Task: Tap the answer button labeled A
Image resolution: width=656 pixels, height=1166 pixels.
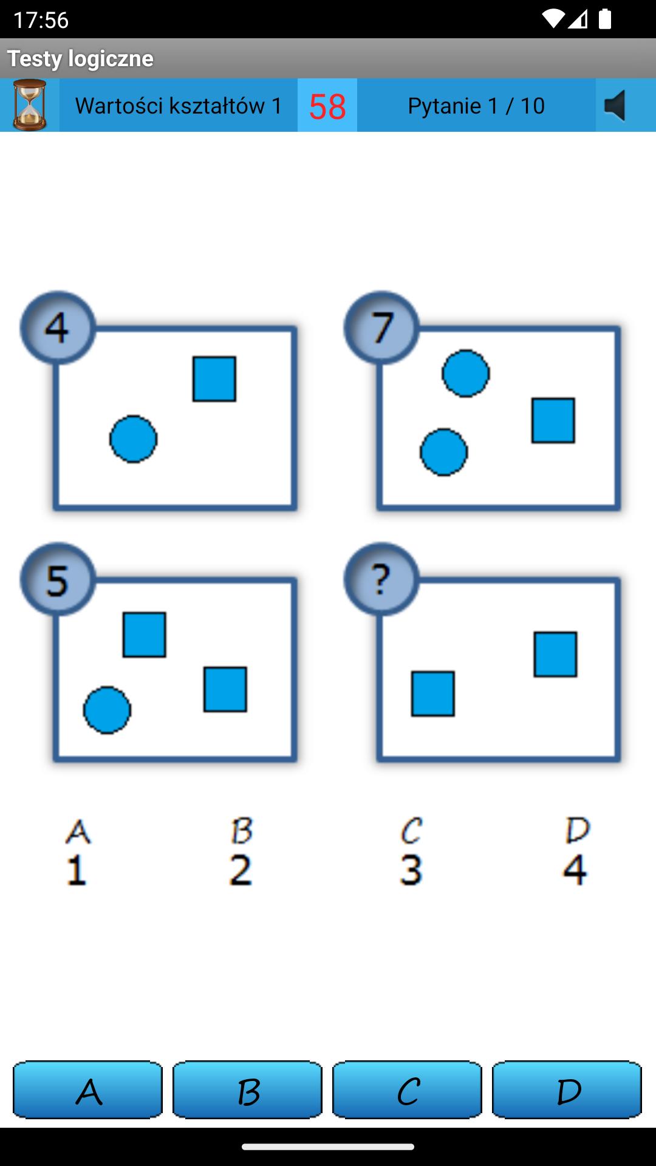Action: coord(87,1089)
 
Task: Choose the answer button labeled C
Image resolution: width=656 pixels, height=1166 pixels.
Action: coord(407,1089)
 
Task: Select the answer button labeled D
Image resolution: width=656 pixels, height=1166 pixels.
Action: coord(567,1089)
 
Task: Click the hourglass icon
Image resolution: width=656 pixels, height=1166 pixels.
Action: coord(30,105)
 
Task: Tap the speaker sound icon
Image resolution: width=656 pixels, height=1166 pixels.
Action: coord(615,106)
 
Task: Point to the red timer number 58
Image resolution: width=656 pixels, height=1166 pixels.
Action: coord(327,106)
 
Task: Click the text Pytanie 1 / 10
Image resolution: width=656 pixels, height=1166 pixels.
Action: coord(476,106)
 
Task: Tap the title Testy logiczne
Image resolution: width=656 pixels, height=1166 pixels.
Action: coord(80,58)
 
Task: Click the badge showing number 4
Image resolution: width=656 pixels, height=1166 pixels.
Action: coord(58,327)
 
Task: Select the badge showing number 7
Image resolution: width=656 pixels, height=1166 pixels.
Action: coord(381,327)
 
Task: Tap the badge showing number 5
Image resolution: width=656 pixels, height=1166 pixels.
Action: coord(58,579)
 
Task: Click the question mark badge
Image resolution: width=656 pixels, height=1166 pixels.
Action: coord(381,579)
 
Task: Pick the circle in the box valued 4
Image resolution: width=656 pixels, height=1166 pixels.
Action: coord(134,439)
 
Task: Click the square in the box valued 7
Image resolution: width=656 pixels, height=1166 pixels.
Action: coord(553,420)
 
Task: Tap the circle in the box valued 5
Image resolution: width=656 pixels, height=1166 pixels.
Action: coord(107,710)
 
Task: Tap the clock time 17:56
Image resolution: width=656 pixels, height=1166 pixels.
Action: coord(41,20)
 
